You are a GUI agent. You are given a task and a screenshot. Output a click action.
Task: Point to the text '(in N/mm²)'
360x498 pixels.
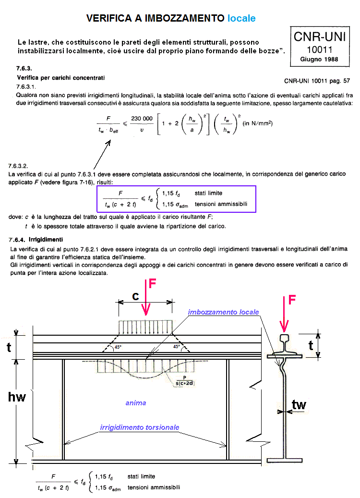257,123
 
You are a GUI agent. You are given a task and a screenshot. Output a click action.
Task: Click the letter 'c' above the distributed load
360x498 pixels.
135,297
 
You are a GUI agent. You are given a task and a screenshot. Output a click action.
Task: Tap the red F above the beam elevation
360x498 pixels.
153,283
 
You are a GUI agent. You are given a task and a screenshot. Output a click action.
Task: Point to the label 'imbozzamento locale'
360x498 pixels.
223,312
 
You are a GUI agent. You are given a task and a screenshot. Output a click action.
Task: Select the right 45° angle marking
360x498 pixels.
176,346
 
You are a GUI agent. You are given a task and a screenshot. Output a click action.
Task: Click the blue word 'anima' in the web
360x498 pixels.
135,403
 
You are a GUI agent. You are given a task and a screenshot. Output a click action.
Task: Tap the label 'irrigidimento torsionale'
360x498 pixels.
140,427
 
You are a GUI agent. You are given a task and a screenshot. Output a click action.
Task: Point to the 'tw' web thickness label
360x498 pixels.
299,405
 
